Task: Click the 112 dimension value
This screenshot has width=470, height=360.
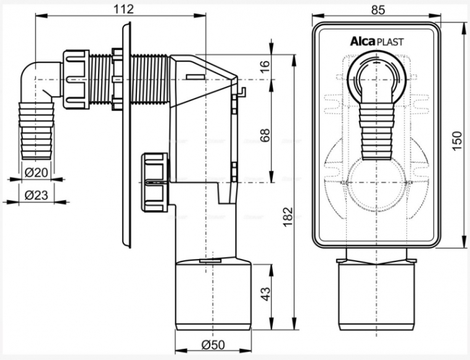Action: [x=123, y=9]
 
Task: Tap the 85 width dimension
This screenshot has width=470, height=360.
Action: [x=377, y=10]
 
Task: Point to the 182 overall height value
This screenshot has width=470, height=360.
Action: [x=288, y=216]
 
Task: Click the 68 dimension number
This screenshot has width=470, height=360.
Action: [x=265, y=135]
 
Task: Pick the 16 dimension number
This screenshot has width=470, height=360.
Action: [x=265, y=63]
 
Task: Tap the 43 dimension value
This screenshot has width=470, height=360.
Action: [x=265, y=294]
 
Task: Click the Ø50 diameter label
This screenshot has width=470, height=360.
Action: [x=213, y=345]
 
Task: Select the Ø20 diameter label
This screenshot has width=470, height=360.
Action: [x=36, y=172]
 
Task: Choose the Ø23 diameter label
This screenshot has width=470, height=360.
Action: [x=36, y=195]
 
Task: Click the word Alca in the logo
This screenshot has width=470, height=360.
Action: [x=363, y=41]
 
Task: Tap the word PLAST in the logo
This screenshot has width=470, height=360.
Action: [x=390, y=42]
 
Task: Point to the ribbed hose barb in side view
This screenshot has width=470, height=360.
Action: [x=36, y=131]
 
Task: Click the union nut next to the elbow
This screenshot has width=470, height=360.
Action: [x=76, y=79]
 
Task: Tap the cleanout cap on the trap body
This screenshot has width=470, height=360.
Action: [x=155, y=182]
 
